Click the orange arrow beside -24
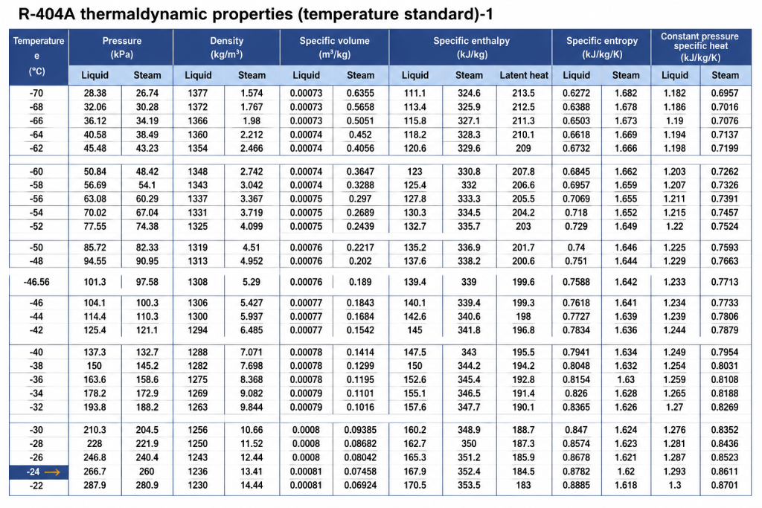(x=52, y=472)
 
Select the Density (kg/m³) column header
(x=226, y=47)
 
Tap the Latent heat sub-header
(x=523, y=75)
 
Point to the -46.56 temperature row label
(x=36, y=282)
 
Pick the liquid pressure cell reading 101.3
(x=95, y=282)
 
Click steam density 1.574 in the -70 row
(x=252, y=93)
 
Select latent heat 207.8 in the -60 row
(x=523, y=171)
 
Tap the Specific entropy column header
(x=601, y=47)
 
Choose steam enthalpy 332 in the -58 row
(x=469, y=185)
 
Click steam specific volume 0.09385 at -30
(x=360, y=430)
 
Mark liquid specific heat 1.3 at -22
(x=674, y=485)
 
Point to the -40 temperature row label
(x=36, y=352)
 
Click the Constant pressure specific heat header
(x=700, y=47)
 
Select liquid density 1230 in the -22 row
(x=198, y=485)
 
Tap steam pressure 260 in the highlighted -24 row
(x=147, y=471)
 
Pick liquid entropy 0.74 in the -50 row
(x=576, y=247)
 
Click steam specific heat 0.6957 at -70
(x=725, y=93)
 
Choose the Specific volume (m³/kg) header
(x=334, y=47)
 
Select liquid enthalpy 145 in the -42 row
(x=414, y=329)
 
